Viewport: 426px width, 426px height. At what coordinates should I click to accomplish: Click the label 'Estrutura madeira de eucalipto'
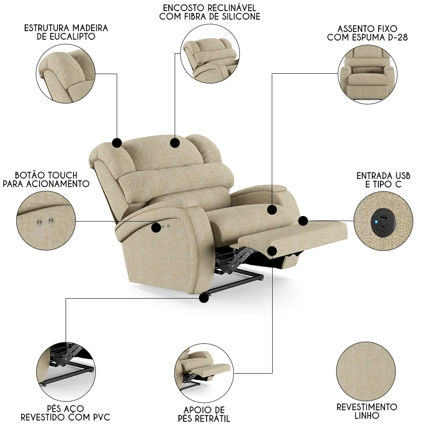pos(66,32)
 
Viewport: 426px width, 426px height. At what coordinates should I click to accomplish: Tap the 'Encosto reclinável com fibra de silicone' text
pos(209,12)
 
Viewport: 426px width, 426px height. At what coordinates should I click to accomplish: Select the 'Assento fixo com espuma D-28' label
pos(367,33)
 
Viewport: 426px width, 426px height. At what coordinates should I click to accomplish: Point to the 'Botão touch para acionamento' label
pos(46,179)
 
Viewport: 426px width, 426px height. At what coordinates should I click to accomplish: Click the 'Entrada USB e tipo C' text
pos(383,180)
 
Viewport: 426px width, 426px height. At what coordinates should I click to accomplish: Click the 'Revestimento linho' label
pos(367,411)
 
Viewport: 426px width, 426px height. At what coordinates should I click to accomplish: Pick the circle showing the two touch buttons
pos(46,220)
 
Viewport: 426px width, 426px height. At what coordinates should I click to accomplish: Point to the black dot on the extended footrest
pos(273,250)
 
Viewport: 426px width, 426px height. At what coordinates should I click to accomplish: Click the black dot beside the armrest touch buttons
pos(156,227)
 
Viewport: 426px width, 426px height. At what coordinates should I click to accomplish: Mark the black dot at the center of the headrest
pos(175,143)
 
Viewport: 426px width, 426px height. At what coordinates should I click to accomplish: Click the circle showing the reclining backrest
pos(209,53)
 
